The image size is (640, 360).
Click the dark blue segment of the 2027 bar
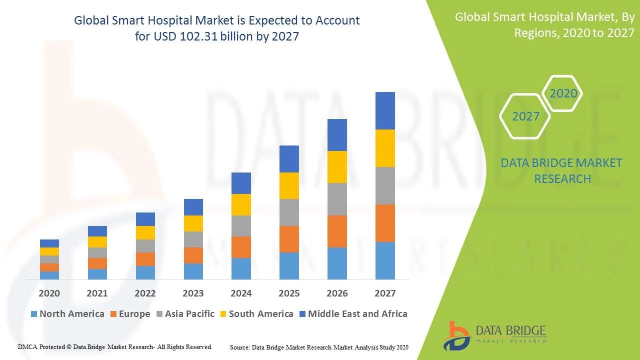(385, 111)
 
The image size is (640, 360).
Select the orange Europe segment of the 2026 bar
(337, 231)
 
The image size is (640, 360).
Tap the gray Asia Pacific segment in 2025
(289, 213)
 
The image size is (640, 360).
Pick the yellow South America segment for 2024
(241, 205)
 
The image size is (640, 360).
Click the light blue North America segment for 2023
(193, 271)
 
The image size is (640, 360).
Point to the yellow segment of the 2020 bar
(49, 251)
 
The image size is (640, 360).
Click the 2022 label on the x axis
(145, 293)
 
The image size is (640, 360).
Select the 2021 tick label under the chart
(97, 293)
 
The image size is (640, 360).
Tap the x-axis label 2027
(385, 293)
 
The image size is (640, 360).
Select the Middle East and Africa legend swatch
(303, 314)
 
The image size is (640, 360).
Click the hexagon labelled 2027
(525, 116)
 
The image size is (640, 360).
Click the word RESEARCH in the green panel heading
(562, 179)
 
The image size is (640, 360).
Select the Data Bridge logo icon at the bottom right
(457, 336)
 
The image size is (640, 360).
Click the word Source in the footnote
(239, 348)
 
